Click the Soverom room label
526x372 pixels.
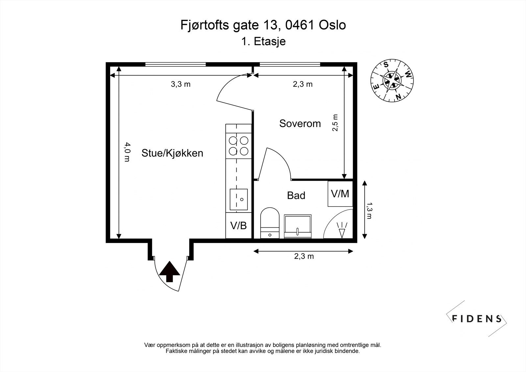(x=300, y=124)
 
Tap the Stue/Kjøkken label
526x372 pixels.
(x=172, y=153)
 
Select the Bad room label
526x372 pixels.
(x=296, y=195)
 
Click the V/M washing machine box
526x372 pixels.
(x=340, y=194)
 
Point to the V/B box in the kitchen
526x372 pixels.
(x=239, y=226)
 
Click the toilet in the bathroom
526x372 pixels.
(x=270, y=223)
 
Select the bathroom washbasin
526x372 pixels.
(x=298, y=226)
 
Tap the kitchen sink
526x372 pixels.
(x=239, y=199)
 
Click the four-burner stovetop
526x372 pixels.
(x=239, y=146)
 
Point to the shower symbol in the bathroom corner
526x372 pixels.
(x=342, y=230)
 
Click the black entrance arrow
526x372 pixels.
(x=170, y=271)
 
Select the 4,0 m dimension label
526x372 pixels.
(x=127, y=152)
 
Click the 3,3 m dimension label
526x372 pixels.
(x=180, y=84)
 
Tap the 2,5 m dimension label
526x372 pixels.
(x=335, y=123)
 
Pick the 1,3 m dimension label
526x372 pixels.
(x=369, y=211)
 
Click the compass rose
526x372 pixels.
(x=392, y=80)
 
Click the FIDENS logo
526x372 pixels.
(x=476, y=318)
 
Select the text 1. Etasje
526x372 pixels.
(x=263, y=41)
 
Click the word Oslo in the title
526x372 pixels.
(x=332, y=25)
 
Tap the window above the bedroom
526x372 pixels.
(x=290, y=64)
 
